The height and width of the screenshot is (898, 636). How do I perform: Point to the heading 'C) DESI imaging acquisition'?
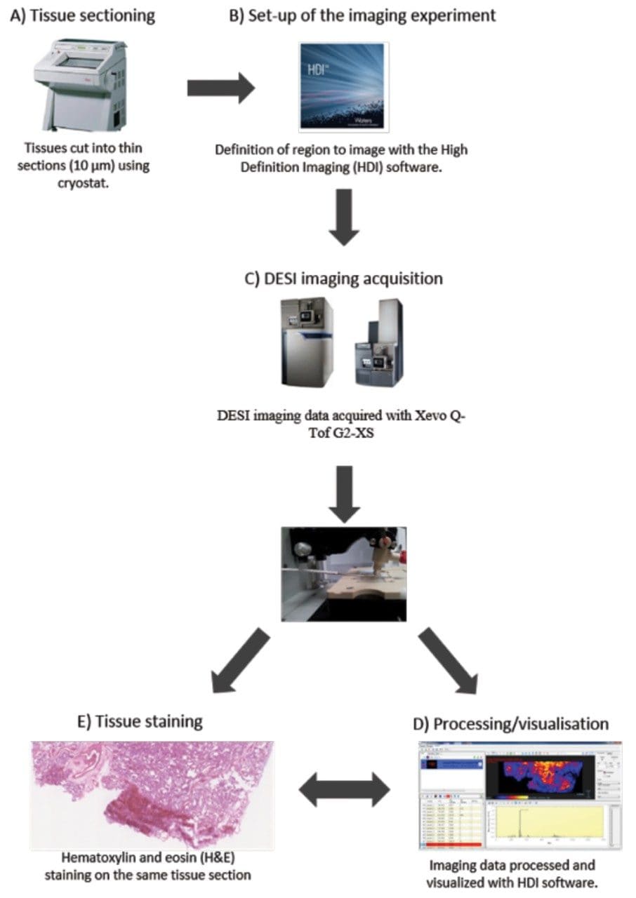click(x=343, y=279)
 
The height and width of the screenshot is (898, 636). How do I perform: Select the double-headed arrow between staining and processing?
click(x=344, y=791)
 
